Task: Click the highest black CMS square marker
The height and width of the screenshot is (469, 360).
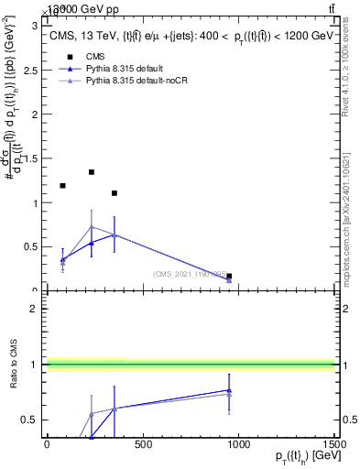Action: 92,172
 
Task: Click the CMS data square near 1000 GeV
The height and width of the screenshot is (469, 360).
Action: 229,276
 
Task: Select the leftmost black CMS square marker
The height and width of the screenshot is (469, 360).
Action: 62,186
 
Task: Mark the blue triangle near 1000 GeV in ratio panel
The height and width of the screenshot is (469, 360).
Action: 229,390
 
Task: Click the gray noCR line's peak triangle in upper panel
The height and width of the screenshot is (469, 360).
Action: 92,227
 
